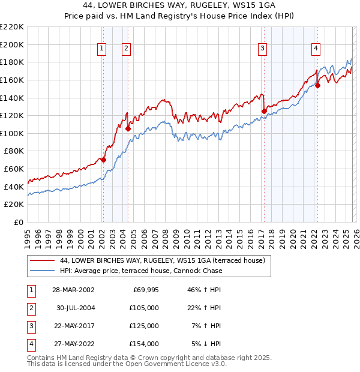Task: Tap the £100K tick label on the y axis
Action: pyautogui.click(x=12, y=133)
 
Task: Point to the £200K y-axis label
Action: pyautogui.click(x=12, y=44)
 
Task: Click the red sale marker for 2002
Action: pyautogui.click(x=103, y=160)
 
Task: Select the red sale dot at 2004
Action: pyautogui.click(x=128, y=128)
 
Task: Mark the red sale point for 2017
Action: pyautogui.click(x=264, y=110)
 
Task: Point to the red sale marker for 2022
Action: pyautogui.click(x=317, y=85)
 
